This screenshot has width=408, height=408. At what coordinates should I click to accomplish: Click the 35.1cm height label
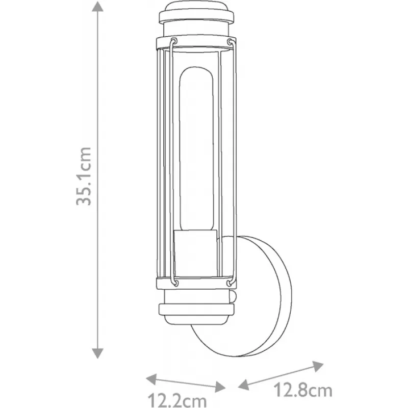click(84, 176)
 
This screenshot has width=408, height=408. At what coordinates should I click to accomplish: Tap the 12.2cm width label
click(177, 400)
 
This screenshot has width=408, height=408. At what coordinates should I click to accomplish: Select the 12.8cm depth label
click(302, 390)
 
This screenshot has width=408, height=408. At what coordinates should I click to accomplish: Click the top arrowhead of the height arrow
click(97, 6)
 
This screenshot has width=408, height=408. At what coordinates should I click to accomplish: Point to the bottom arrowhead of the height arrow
click(97, 353)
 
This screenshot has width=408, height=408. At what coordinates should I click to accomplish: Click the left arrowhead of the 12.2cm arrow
click(151, 379)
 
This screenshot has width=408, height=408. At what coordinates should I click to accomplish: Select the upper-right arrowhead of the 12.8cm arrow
click(318, 366)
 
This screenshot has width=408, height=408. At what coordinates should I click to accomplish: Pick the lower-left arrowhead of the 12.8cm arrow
click(244, 385)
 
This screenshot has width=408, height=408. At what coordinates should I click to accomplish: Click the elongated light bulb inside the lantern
click(196, 149)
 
